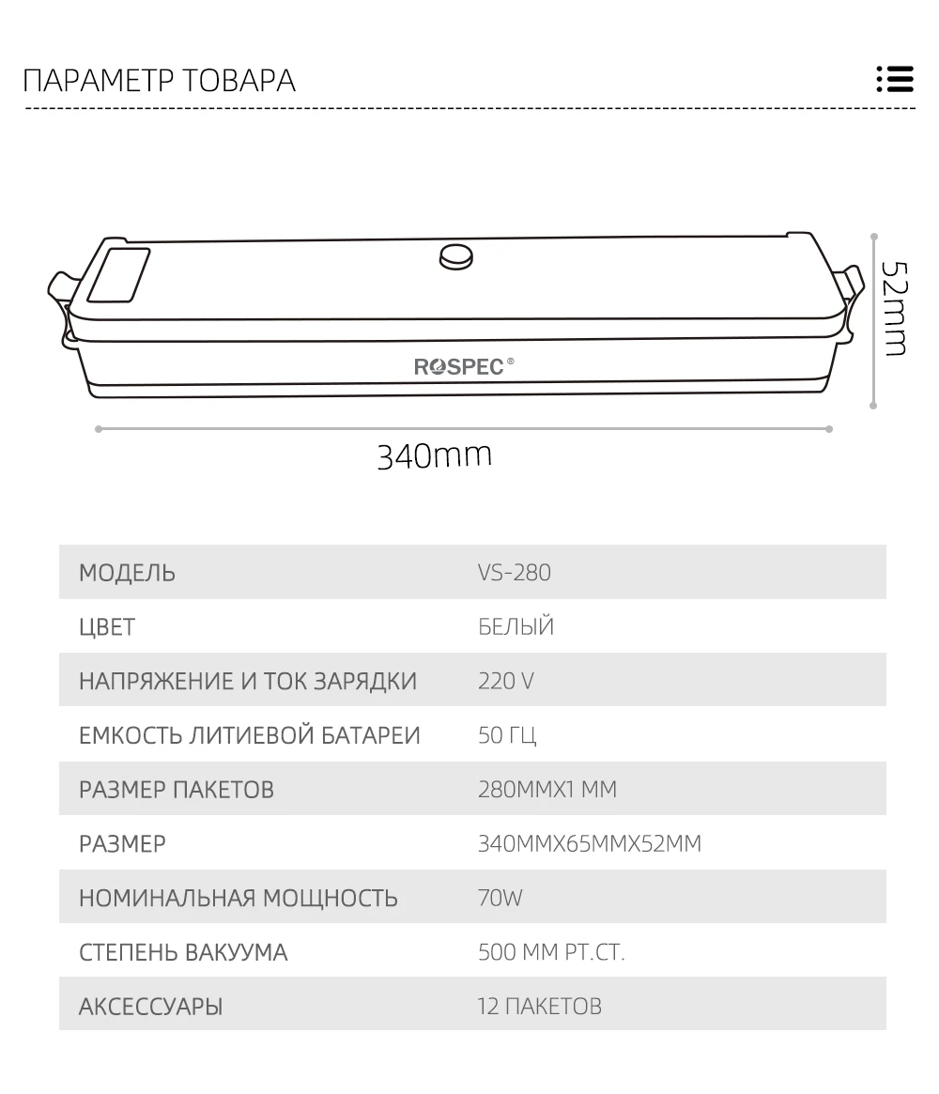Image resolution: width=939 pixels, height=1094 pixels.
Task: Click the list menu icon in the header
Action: [x=894, y=79]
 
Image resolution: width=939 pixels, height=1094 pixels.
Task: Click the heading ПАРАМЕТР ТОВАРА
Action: [x=159, y=81]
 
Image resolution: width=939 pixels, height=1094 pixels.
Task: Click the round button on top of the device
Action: [x=456, y=255]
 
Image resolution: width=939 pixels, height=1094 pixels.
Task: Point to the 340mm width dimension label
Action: [x=434, y=455]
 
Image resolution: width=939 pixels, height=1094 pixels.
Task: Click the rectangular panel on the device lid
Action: [x=118, y=274]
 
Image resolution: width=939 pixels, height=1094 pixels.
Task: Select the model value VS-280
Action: [x=514, y=572]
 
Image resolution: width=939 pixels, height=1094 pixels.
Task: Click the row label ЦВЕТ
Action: [x=107, y=626]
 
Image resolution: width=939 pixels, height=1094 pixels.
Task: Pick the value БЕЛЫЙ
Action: [x=516, y=626]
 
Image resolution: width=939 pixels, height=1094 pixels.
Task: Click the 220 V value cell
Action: [x=505, y=681]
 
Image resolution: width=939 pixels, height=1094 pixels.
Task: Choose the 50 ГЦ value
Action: [x=507, y=734]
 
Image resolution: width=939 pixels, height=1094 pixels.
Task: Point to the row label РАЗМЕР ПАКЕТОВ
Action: [x=177, y=789]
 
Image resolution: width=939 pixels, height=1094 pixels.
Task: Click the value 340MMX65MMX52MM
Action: [x=589, y=843]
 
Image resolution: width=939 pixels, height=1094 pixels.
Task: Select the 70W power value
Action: [x=500, y=898]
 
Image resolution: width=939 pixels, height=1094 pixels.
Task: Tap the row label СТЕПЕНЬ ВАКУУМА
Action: [x=183, y=952]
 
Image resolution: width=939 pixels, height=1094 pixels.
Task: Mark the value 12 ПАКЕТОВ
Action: [x=539, y=1007]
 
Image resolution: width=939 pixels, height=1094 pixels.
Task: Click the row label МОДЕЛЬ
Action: [x=127, y=572]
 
